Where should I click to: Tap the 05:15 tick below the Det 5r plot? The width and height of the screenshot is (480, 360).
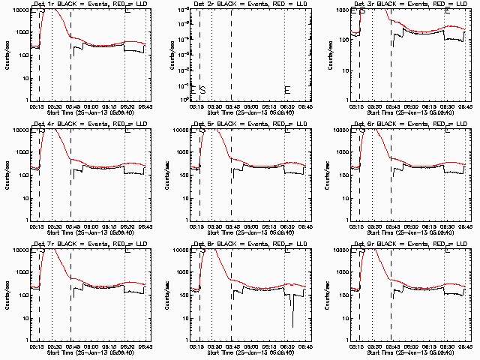pos(195,226)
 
